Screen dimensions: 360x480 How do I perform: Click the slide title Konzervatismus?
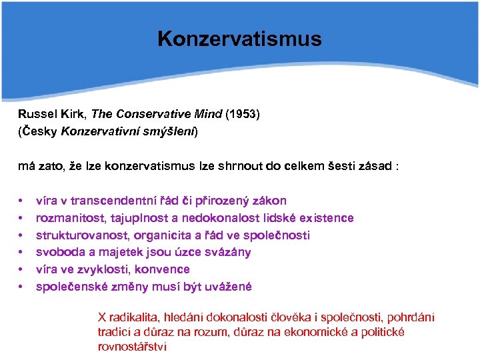pyautogui.click(x=239, y=39)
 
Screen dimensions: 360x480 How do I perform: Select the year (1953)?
pyautogui.click(x=243, y=114)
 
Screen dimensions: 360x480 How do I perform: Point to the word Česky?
pyautogui.click(x=40, y=131)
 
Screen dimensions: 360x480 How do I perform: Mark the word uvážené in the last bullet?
pyautogui.click(x=227, y=287)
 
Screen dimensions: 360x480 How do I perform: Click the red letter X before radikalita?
pyautogui.click(x=102, y=317)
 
